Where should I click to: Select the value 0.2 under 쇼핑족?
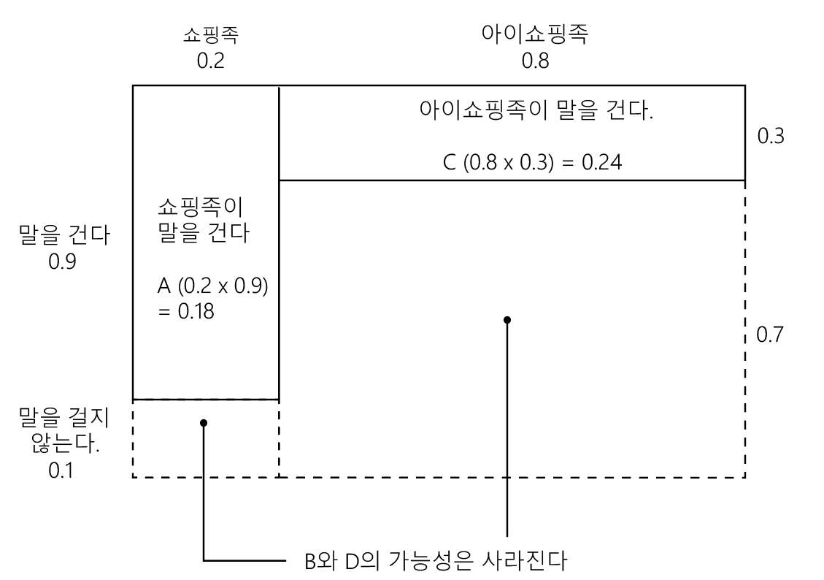(x=211, y=61)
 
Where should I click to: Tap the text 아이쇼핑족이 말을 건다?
(x=536, y=112)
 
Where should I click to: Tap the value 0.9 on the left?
(x=63, y=261)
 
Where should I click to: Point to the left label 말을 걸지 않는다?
(x=63, y=430)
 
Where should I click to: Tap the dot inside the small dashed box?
(x=204, y=423)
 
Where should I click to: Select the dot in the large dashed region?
(x=507, y=319)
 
